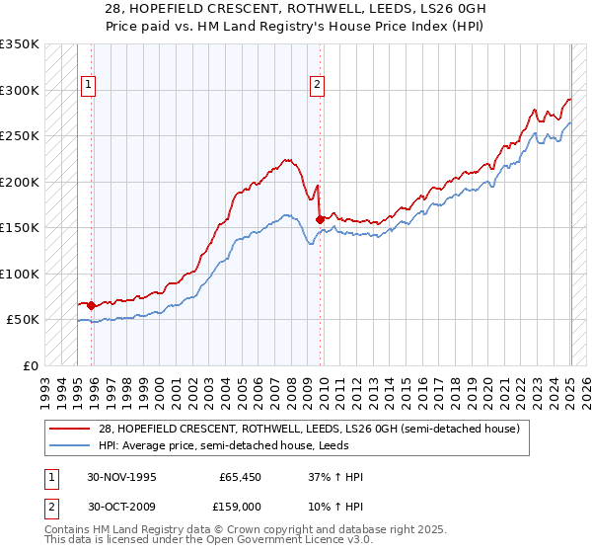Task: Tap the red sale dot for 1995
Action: (92, 305)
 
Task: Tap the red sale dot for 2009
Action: (320, 219)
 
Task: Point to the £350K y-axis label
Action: (20, 44)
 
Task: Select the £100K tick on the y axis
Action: (20, 274)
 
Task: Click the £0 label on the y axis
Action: (30, 365)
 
